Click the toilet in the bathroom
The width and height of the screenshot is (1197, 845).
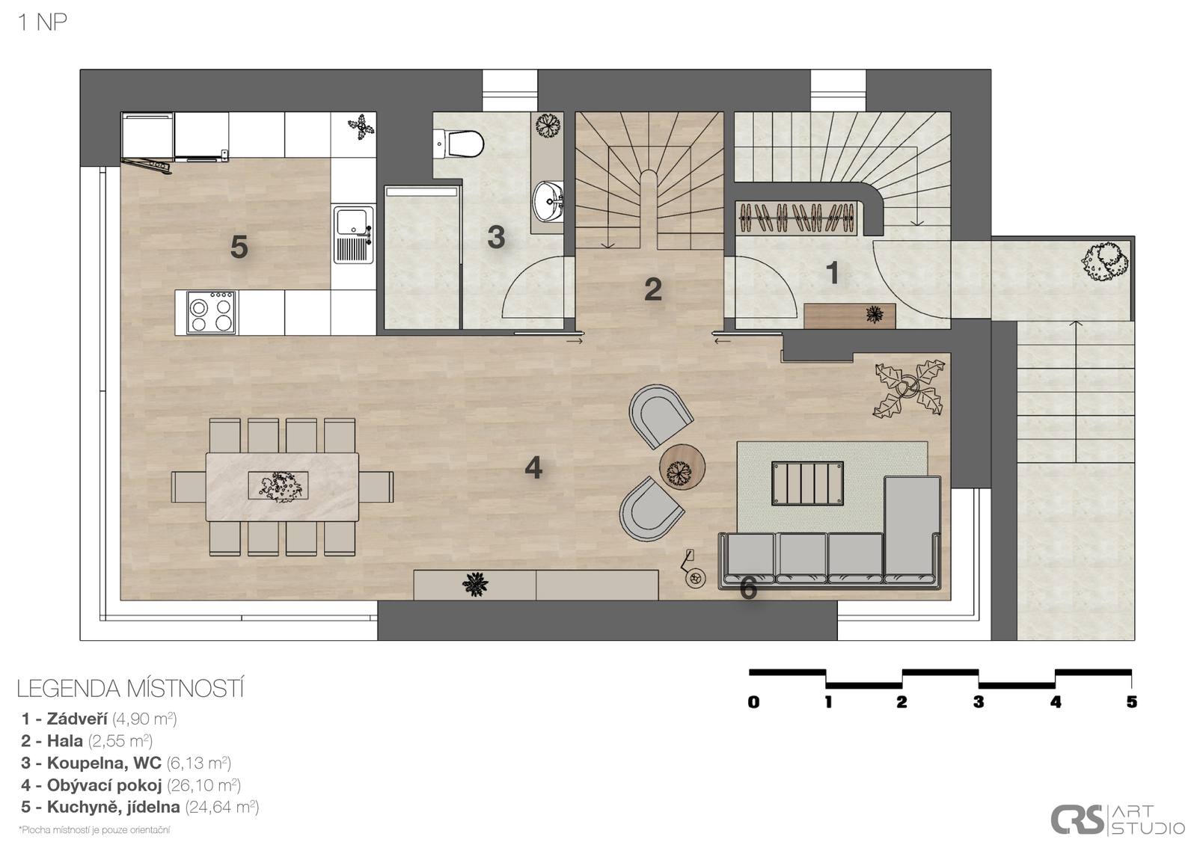[x=459, y=144]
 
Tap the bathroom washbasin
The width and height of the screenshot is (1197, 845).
[x=548, y=201]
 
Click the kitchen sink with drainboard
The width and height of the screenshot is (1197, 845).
[x=354, y=235]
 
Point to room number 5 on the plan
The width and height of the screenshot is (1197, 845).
[x=239, y=248]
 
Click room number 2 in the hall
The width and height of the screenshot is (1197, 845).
[x=653, y=289]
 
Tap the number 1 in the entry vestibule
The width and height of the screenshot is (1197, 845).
[x=833, y=273]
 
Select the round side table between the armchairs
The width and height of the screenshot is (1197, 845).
[x=682, y=467]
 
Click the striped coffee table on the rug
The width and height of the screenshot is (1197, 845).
[x=807, y=483]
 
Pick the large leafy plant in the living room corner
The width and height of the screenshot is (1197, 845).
[x=908, y=390]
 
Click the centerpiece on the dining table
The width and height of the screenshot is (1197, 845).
[x=278, y=487]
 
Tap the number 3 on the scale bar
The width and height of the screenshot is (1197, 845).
[x=979, y=702]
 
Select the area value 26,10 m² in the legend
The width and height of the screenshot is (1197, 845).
[x=203, y=785]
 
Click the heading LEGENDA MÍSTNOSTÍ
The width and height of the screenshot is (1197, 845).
[x=130, y=689]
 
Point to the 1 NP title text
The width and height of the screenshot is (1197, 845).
[x=43, y=23]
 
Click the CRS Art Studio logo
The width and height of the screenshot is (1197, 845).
[x=1118, y=820]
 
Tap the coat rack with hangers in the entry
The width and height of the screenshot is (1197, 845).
[x=796, y=218]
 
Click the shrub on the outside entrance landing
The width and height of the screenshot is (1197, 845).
[x=1105, y=262]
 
